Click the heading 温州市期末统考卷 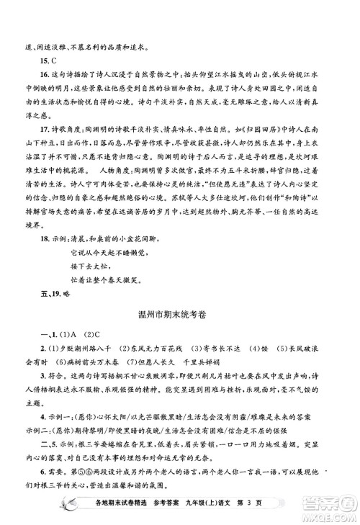[180, 316]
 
